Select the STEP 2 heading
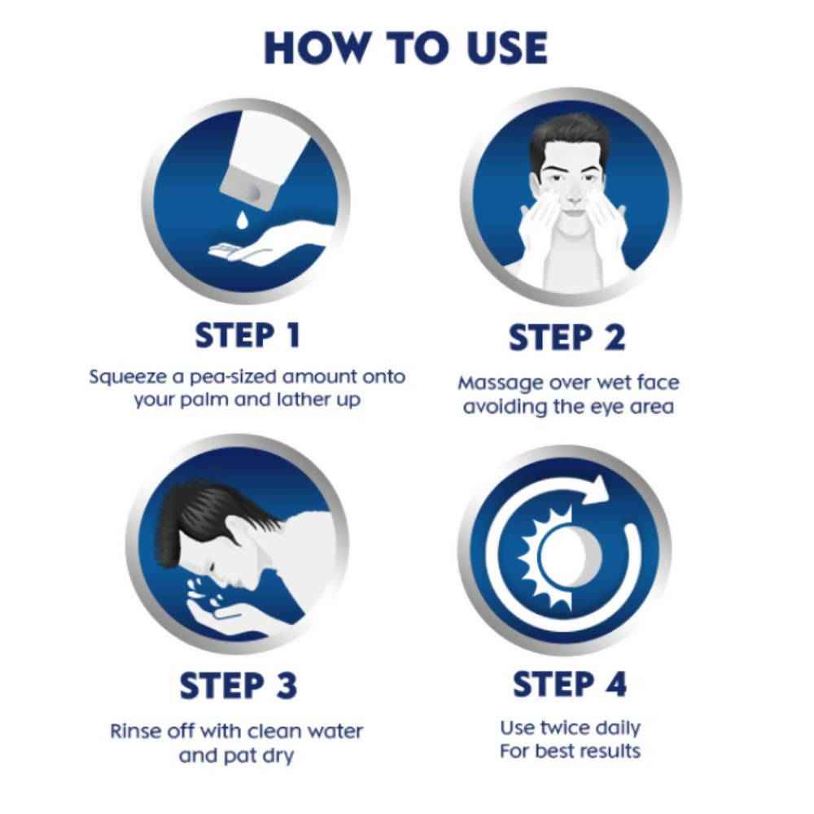point(567,337)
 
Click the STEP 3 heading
point(238,685)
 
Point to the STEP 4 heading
point(570,684)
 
